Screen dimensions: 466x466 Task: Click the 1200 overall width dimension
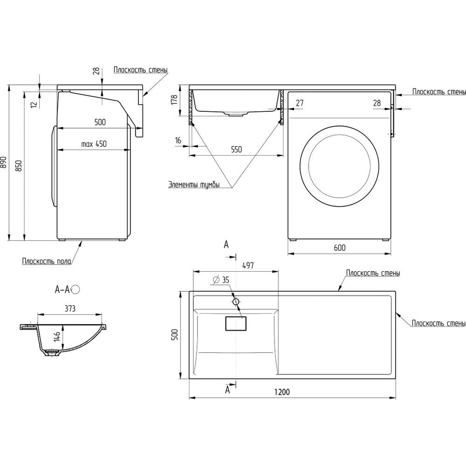coord(282,392)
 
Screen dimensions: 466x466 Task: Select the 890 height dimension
coord(5,162)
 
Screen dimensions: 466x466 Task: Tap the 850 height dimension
coord(19,165)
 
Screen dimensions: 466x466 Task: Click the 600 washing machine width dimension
coord(339,248)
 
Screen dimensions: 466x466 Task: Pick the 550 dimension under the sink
coord(236,150)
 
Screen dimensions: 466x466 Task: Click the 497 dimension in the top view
coord(247,265)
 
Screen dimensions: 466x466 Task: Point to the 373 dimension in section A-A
coord(70,308)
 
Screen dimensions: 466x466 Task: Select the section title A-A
coord(62,290)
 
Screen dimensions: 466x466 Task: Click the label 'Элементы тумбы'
coord(200,185)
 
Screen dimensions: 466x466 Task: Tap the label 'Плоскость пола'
coord(46,261)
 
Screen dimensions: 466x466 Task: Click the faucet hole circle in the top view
coord(236,302)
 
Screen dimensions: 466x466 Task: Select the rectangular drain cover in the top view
coord(236,323)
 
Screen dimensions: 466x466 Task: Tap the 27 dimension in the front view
coord(299,103)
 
